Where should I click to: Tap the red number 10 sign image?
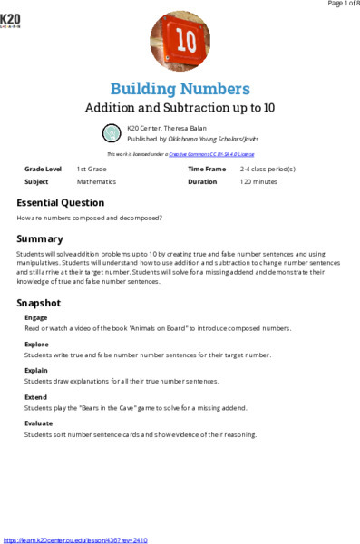pyautogui.click(x=179, y=42)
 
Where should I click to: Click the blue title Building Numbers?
pyautogui.click(x=180, y=89)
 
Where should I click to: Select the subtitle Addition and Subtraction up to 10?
pyautogui.click(x=180, y=108)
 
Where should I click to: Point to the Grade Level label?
pyautogui.click(x=43, y=170)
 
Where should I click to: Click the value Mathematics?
pyautogui.click(x=96, y=181)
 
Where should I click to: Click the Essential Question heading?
pyautogui.click(x=60, y=203)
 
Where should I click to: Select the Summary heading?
pyautogui.click(x=39, y=238)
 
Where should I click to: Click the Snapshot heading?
pyautogui.click(x=39, y=303)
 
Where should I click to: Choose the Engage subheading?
pyautogui.click(x=36, y=318)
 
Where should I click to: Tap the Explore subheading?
pyautogui.click(x=36, y=345)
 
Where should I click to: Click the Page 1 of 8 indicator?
pyautogui.click(x=336, y=5)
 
